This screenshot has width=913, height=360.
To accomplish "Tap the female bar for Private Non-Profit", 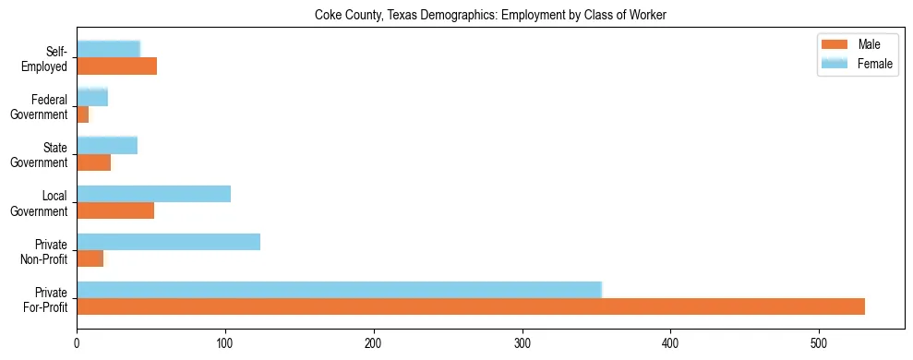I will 168,242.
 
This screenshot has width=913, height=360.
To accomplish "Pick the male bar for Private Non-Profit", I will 90,258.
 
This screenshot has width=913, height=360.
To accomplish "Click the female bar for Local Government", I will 153,194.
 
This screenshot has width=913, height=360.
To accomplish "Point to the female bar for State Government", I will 107,145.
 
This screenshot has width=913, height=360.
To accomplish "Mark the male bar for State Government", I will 94,162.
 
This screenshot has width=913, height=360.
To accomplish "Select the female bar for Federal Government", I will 92,97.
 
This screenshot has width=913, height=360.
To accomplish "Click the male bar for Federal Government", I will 83,114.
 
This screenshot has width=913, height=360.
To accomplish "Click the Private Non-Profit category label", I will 45,251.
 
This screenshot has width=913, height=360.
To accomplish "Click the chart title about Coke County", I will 490,15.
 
